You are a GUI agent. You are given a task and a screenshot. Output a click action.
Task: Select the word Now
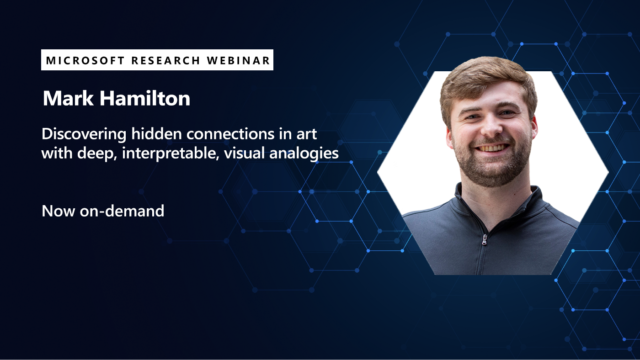[56, 211]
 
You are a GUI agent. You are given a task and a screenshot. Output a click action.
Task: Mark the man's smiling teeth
[491, 149]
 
